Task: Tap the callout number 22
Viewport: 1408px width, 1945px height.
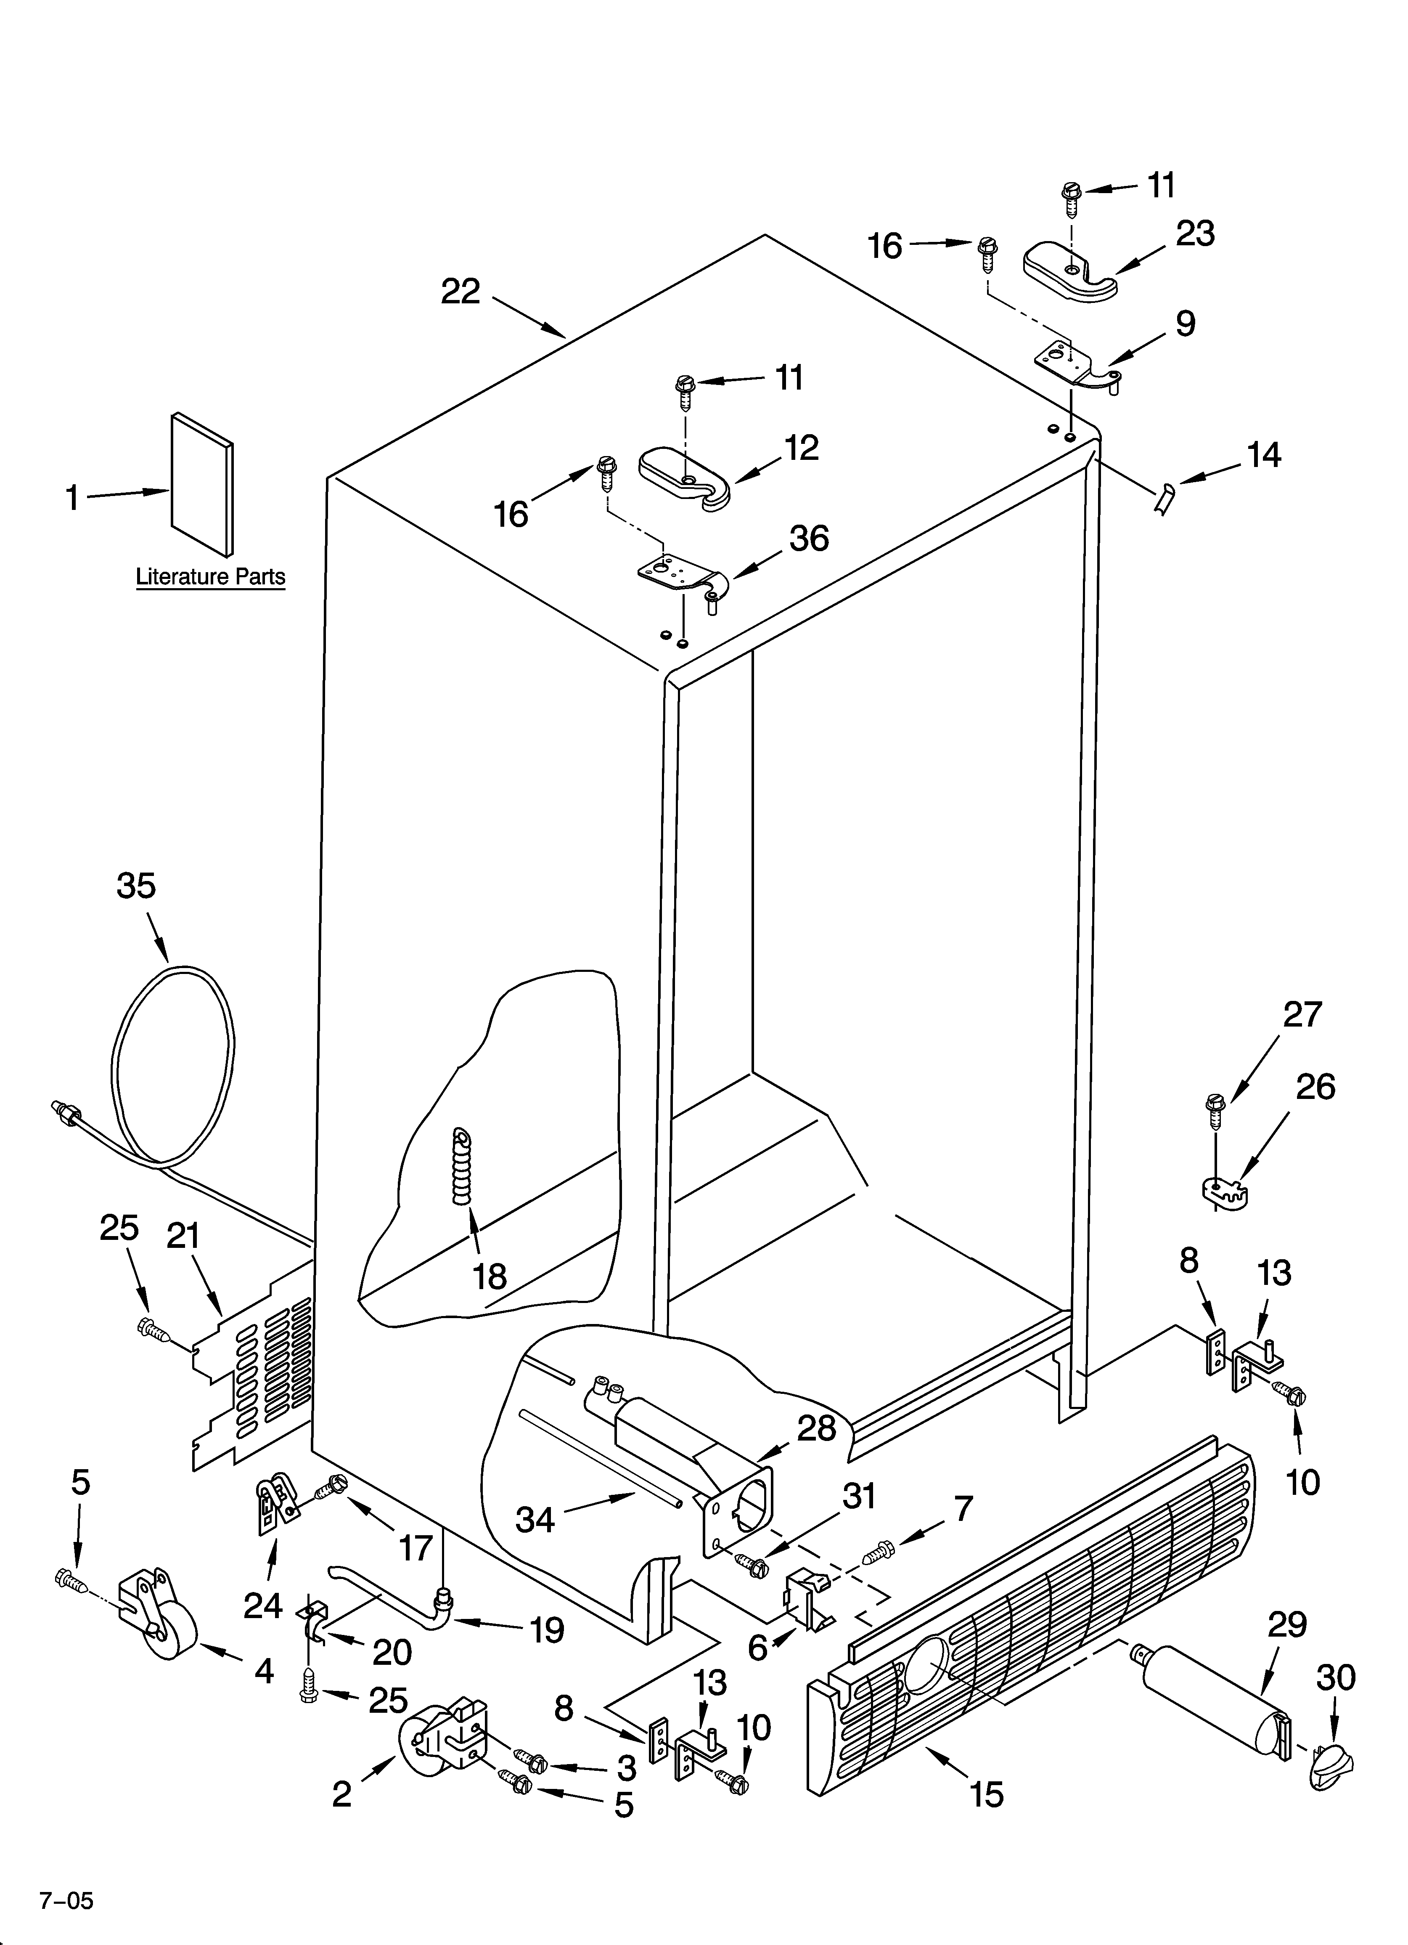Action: [x=461, y=292]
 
